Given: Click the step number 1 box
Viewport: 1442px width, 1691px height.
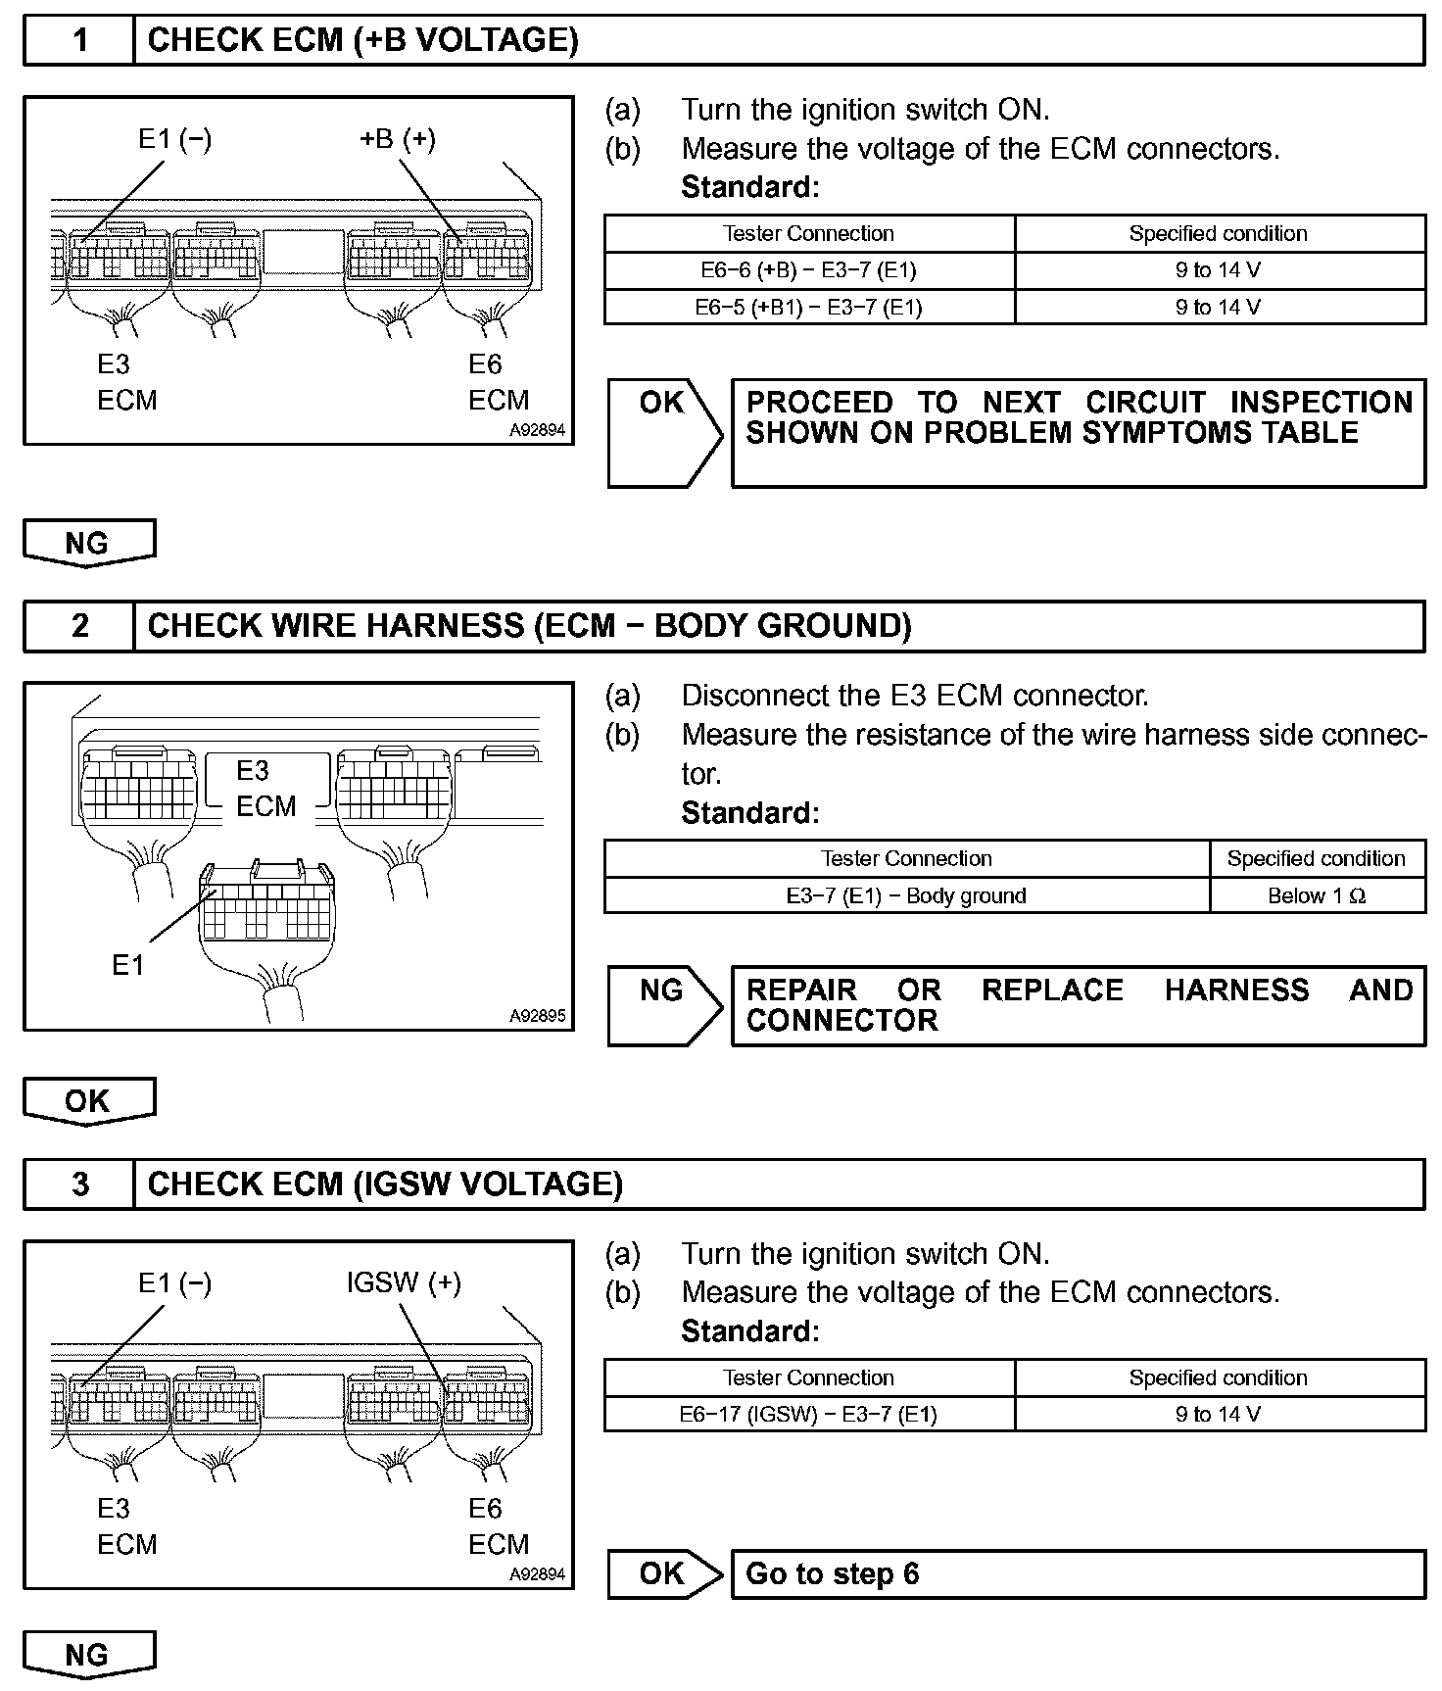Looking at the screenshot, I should coord(79,40).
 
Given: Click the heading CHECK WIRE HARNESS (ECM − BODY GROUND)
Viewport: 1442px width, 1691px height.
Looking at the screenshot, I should coord(529,626).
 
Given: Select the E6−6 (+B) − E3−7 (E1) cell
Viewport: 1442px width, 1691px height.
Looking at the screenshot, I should coord(808,270).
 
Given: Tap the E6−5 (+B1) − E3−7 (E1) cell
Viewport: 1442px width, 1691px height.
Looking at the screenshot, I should coord(808,307).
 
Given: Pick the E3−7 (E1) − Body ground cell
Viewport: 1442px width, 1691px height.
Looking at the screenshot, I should coord(906,895).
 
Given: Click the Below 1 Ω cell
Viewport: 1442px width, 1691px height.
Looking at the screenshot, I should coord(1317,895).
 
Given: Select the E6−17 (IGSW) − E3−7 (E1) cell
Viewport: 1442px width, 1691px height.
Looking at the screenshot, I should coord(808,1414).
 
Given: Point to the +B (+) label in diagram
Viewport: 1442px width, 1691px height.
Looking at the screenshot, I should coord(397,139).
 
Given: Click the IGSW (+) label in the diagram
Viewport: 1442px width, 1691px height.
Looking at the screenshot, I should coord(404,1282).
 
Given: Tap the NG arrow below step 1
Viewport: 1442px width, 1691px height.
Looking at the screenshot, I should coord(88,543).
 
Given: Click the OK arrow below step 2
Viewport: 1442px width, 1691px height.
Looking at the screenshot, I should coord(88,1100).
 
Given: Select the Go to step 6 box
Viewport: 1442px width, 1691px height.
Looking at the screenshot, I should coord(1078,1573).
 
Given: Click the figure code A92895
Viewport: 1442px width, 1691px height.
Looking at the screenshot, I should coord(537,1016).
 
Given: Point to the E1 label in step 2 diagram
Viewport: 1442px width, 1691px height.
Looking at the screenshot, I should coord(127,966).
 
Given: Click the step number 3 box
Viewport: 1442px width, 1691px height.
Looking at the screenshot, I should coord(79,1184).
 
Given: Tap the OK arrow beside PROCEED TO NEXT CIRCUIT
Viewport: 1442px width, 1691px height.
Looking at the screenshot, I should coord(664,431).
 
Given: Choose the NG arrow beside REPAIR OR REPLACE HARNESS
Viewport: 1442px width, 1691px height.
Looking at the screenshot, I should coord(664,1005).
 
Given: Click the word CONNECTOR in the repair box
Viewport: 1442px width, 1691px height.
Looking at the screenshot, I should coord(841,1021).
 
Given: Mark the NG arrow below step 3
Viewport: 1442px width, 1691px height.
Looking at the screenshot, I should coord(88,1655).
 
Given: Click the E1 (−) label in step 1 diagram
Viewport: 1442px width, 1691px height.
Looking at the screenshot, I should coord(174,139).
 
